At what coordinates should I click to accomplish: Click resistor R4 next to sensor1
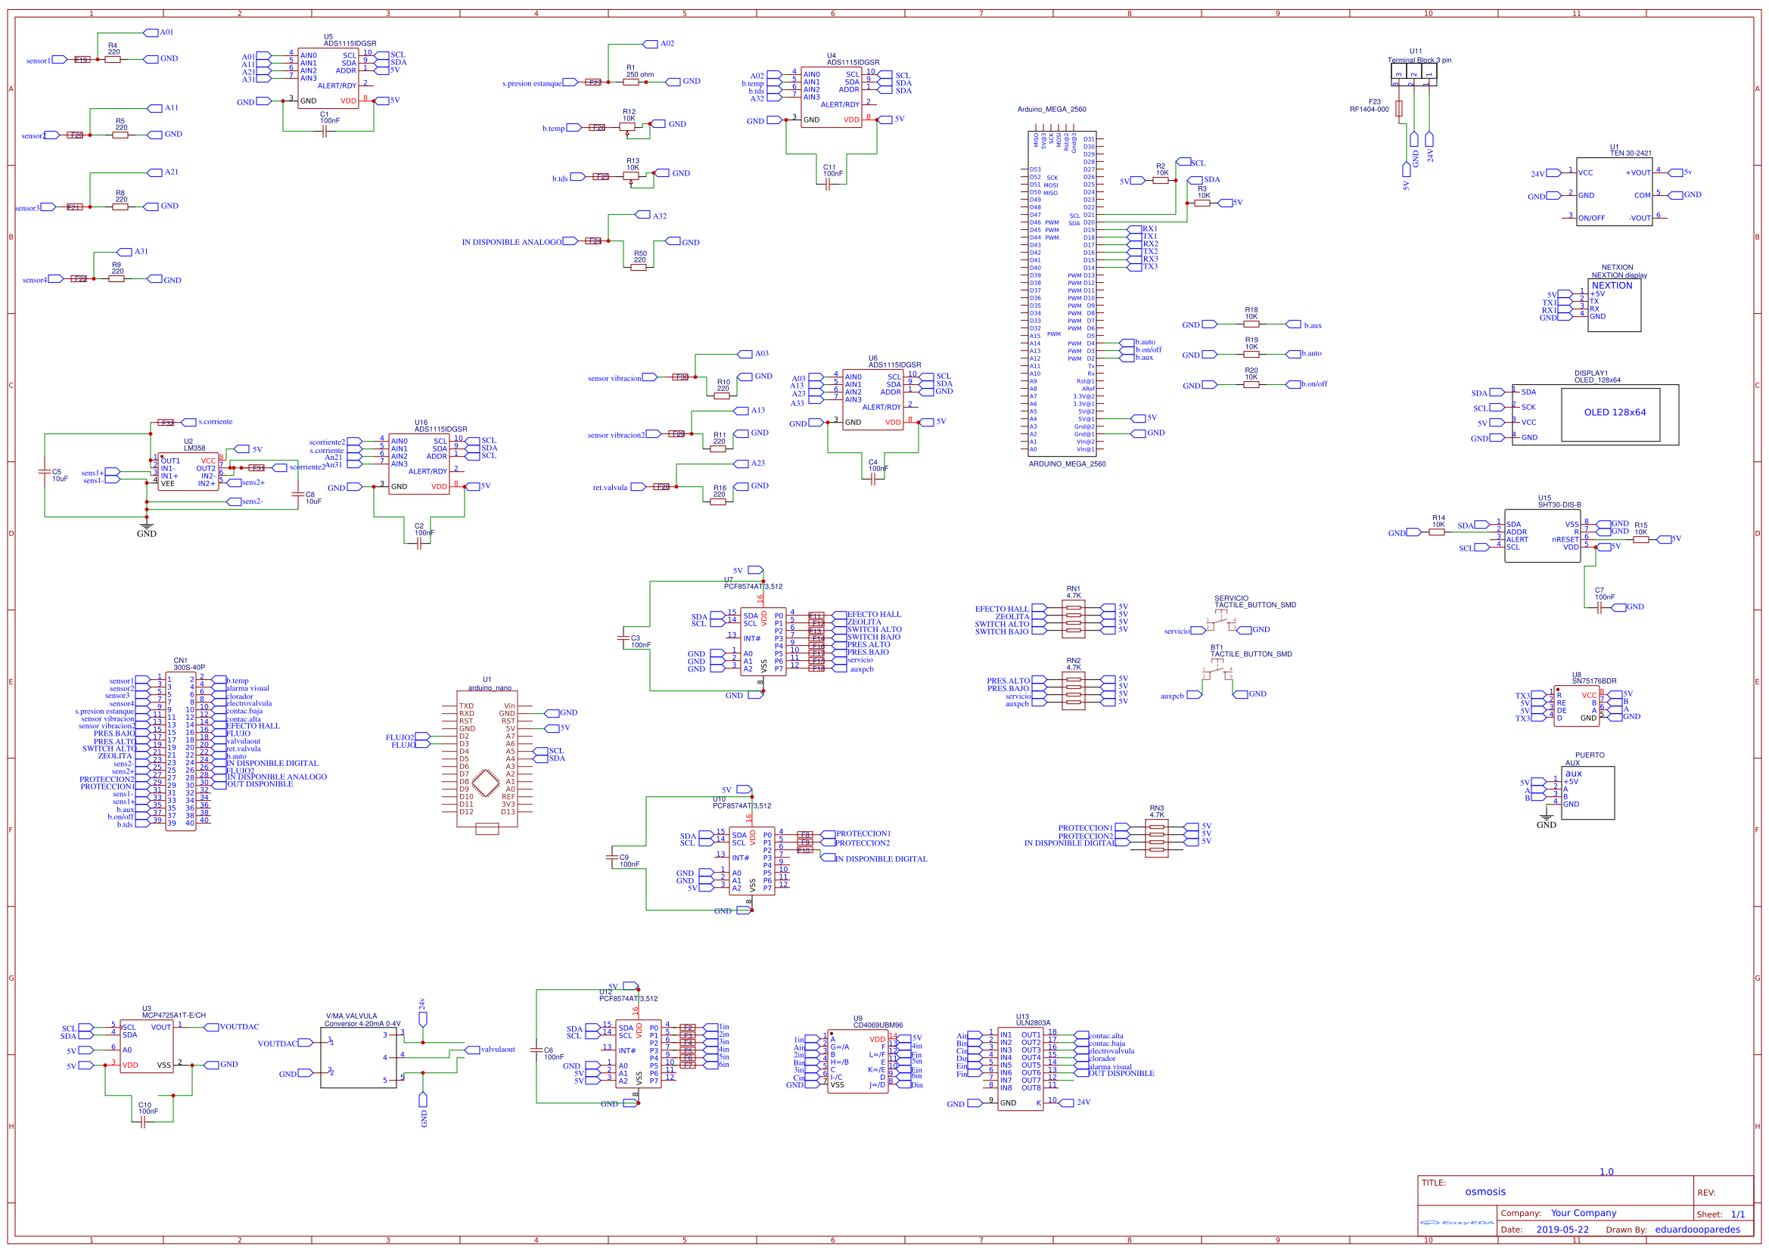coord(113,60)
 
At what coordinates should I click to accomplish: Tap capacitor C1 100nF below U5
coord(324,131)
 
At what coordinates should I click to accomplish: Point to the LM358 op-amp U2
coord(188,471)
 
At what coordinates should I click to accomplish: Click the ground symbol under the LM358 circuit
coord(147,527)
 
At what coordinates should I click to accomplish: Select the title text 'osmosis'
coord(1485,1192)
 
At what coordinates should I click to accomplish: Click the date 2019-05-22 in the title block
coord(1562,1230)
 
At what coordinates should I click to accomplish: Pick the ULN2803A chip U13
coord(1020,1068)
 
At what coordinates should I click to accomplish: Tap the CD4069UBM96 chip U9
coord(857,1061)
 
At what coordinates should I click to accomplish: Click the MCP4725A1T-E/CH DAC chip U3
coord(147,1046)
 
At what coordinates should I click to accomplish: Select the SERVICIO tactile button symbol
coord(1220,622)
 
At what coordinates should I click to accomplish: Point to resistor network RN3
coord(1156,835)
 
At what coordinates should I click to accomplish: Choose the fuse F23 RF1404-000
coord(1398,108)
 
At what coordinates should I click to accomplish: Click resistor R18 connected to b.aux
coord(1251,324)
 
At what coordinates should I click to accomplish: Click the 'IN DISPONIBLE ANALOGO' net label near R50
coord(511,242)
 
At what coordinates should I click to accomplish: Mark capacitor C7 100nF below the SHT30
coord(1600,608)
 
